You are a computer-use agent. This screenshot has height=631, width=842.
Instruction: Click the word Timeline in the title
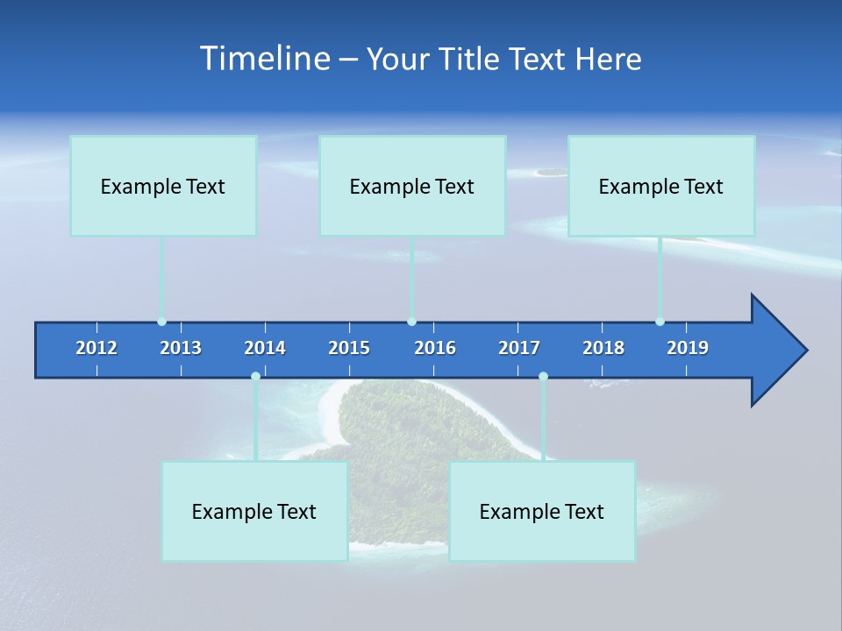tap(263, 59)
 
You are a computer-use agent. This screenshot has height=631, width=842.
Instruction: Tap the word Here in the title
tap(608, 60)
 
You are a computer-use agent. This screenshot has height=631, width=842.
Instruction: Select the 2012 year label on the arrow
tap(96, 348)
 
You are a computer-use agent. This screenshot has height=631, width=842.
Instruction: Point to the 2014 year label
tap(265, 348)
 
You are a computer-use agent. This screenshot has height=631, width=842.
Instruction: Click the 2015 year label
tap(349, 348)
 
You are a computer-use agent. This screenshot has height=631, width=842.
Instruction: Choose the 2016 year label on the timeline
tap(435, 348)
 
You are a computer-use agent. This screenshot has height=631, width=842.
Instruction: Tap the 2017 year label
tap(519, 348)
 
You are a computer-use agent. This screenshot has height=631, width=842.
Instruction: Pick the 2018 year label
tap(603, 348)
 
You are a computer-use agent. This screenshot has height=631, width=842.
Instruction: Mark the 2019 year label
tap(688, 348)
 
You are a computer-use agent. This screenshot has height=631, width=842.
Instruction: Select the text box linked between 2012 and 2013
tap(163, 186)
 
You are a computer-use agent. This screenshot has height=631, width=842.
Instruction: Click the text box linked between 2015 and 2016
tap(412, 186)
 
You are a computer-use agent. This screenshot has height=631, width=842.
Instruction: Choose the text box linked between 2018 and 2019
tap(661, 186)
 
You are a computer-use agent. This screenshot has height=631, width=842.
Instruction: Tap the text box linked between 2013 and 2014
tap(254, 511)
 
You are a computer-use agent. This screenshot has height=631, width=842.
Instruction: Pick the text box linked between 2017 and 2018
tap(542, 511)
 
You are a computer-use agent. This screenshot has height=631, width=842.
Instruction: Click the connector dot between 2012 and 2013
tap(161, 322)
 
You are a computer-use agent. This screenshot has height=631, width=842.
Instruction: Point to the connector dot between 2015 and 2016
tap(411, 322)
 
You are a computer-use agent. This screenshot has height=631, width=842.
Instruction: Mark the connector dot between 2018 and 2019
tap(660, 322)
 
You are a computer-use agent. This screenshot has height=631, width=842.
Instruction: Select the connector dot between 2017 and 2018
tap(543, 376)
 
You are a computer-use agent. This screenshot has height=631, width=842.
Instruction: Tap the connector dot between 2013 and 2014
tap(255, 376)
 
